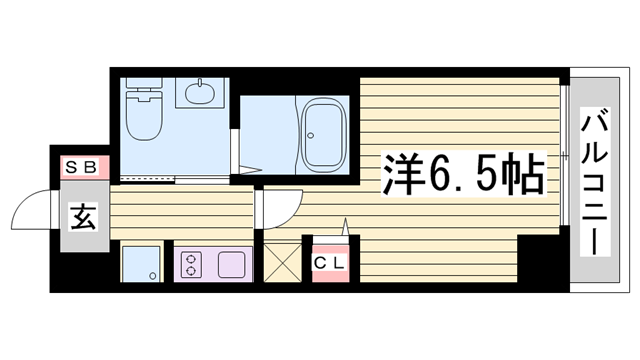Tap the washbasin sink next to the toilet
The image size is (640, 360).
pos(199,94)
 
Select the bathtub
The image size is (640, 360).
pos(324,136)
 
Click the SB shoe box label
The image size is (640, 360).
pos(81,167)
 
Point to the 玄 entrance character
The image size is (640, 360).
pos(82,214)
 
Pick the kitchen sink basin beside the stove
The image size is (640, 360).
pos(231,265)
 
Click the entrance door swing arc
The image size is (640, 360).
pos(30,210)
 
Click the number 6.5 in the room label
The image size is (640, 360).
pos(464,176)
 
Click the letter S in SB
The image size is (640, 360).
pos(73,167)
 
